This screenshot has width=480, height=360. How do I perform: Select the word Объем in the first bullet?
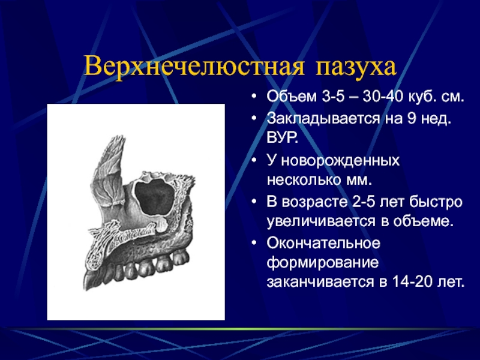(292, 96)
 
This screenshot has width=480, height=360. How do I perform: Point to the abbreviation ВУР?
(282, 138)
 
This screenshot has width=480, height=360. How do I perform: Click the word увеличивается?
(322, 222)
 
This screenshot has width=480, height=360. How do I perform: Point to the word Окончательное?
(323, 243)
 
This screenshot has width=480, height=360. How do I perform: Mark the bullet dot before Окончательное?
(253, 244)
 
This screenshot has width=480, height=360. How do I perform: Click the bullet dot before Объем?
(253, 97)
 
